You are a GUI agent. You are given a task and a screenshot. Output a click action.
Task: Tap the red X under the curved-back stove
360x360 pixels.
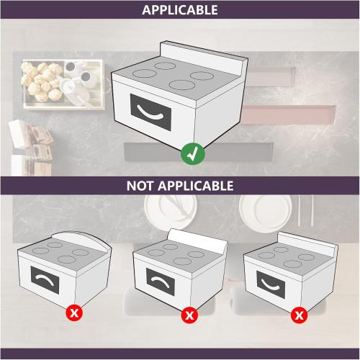click(x=73, y=313)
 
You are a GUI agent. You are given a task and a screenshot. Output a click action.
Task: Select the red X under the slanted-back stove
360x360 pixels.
click(x=189, y=315)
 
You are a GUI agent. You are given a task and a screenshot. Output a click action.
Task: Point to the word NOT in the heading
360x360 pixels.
click(x=142, y=185)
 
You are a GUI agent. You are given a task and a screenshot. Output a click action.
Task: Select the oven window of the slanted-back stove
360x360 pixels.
click(x=165, y=279)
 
